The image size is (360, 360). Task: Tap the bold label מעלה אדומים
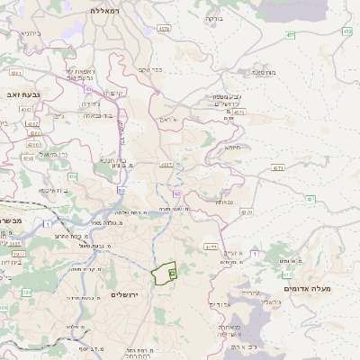pos(308,288)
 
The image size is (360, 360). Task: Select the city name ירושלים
pos(127,295)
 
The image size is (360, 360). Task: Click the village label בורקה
pos(213,18)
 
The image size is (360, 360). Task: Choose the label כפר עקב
pos(150,69)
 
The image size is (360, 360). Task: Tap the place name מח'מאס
pos(263,71)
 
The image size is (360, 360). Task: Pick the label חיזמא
pos(233,147)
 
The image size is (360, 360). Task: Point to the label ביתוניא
pos(29,33)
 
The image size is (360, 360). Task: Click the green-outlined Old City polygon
pos(164,273)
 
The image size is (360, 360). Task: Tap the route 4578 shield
pos(163,30)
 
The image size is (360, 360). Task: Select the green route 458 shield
pos(346,31)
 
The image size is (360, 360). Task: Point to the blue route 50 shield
pos(121,190)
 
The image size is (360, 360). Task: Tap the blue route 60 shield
pos(176,193)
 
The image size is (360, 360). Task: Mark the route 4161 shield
pos(14,71)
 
